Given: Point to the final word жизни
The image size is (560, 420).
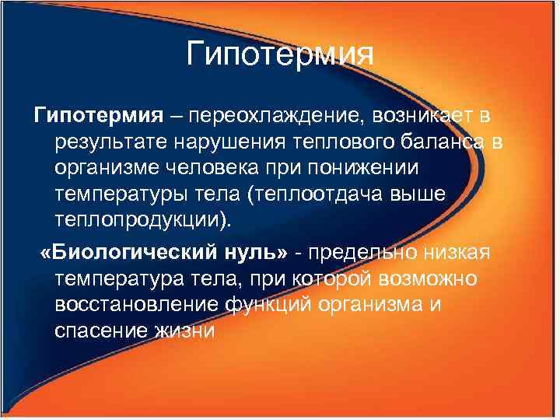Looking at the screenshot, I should [x=191, y=329].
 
